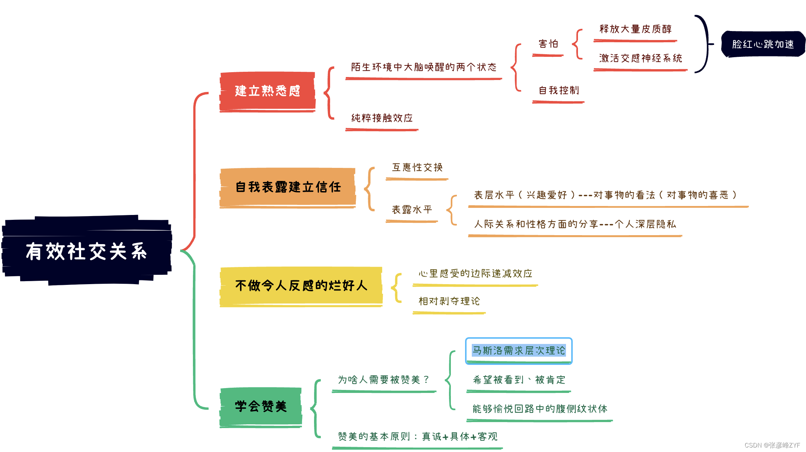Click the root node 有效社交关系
(x=86, y=251)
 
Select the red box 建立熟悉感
(x=267, y=91)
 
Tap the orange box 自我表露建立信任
(x=287, y=187)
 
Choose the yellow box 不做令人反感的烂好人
(x=301, y=286)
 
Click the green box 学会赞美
(x=261, y=406)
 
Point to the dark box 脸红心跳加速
(x=763, y=44)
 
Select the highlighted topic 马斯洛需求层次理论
(x=519, y=351)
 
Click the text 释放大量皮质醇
(x=635, y=29)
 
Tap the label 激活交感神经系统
(x=640, y=58)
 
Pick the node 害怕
(x=548, y=44)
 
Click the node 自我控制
(x=559, y=90)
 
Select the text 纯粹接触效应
(x=382, y=118)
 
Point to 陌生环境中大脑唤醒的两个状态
(x=424, y=67)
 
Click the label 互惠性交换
(x=417, y=167)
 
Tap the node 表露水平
(x=412, y=210)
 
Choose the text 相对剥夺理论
(x=449, y=301)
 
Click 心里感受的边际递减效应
(x=475, y=274)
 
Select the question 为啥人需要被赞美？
(x=384, y=380)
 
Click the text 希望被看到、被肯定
(x=519, y=380)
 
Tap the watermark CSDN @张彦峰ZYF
(x=772, y=445)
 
